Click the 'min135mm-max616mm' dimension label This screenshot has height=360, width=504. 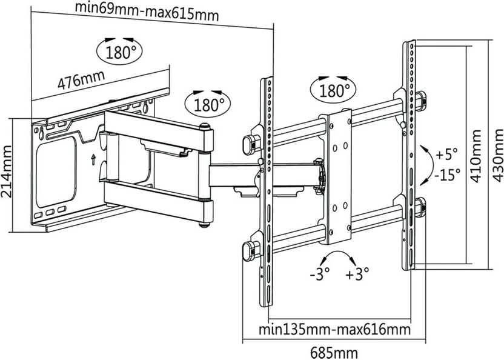pyautogui.click(x=334, y=330)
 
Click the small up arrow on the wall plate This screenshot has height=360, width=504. pyautogui.click(x=93, y=160)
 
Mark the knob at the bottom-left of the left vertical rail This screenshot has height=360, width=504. pyautogui.click(x=248, y=250)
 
